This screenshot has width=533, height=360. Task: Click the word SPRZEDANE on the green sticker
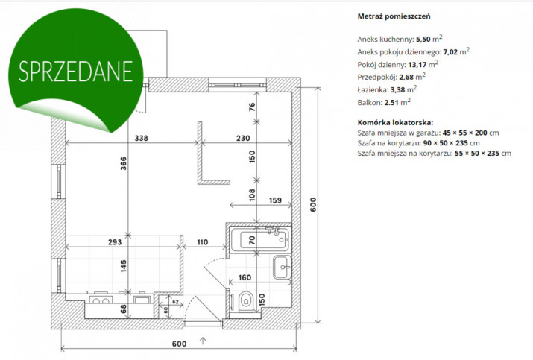coord(75,72)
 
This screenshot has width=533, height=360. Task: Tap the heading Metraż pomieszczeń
coord(394,16)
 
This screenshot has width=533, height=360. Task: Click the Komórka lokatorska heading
coord(395,123)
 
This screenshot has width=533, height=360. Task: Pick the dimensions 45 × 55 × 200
coord(464,133)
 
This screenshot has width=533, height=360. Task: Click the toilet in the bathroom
coord(246,301)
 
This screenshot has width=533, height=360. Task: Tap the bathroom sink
coord(282,267)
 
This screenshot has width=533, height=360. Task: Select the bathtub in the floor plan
coord(259,240)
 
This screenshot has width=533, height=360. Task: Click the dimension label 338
coord(142,138)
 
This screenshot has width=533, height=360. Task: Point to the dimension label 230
coord(243,138)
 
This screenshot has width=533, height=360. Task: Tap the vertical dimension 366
coord(124,163)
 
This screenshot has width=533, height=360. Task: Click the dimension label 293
coord(115,242)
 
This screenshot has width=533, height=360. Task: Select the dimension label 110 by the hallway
coord(202,242)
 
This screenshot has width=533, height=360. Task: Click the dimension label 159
coord(275,200)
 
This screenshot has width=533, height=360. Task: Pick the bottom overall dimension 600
coord(179,344)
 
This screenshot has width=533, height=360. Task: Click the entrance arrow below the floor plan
coord(203,341)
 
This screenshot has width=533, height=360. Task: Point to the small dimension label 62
coord(175,302)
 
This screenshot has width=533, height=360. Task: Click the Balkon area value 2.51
coord(391,103)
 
